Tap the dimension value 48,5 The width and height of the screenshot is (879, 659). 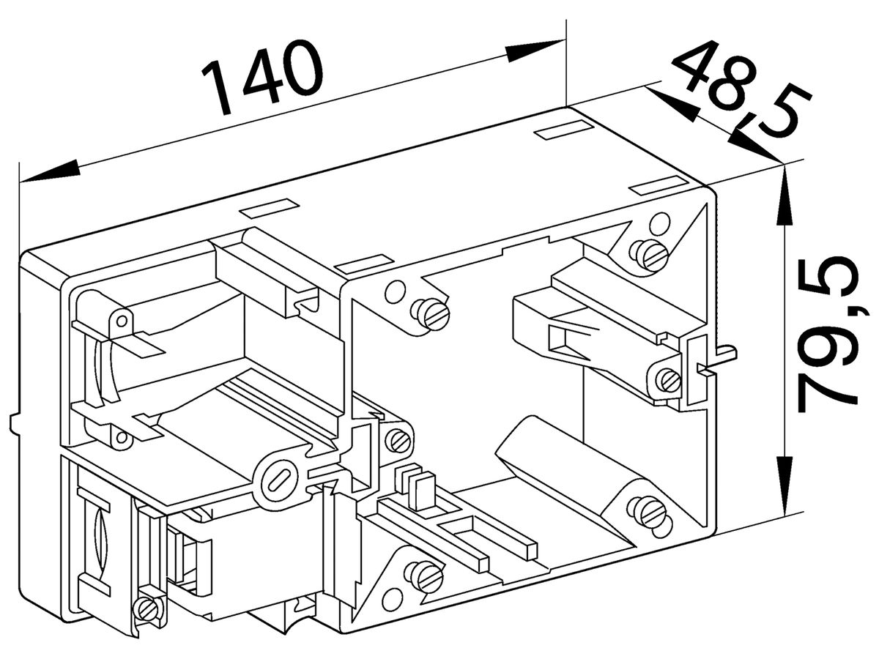tap(741, 89)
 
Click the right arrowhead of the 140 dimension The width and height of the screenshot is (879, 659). tap(535, 51)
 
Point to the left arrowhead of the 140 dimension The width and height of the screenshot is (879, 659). tap(50, 171)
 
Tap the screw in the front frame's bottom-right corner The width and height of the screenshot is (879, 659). tap(649, 514)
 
